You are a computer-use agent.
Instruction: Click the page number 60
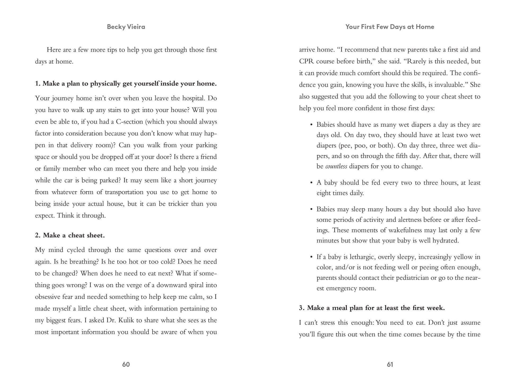pos(126,364)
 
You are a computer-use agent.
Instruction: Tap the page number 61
pos(390,364)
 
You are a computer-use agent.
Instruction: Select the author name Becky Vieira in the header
pos(126,27)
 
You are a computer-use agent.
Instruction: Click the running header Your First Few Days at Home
pos(390,27)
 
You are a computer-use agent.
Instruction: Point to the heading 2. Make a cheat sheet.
pos(70,235)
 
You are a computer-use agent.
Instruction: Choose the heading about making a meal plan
pos(372,308)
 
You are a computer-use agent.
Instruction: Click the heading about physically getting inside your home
pos(126,84)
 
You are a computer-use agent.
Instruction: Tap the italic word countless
pos(336,166)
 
